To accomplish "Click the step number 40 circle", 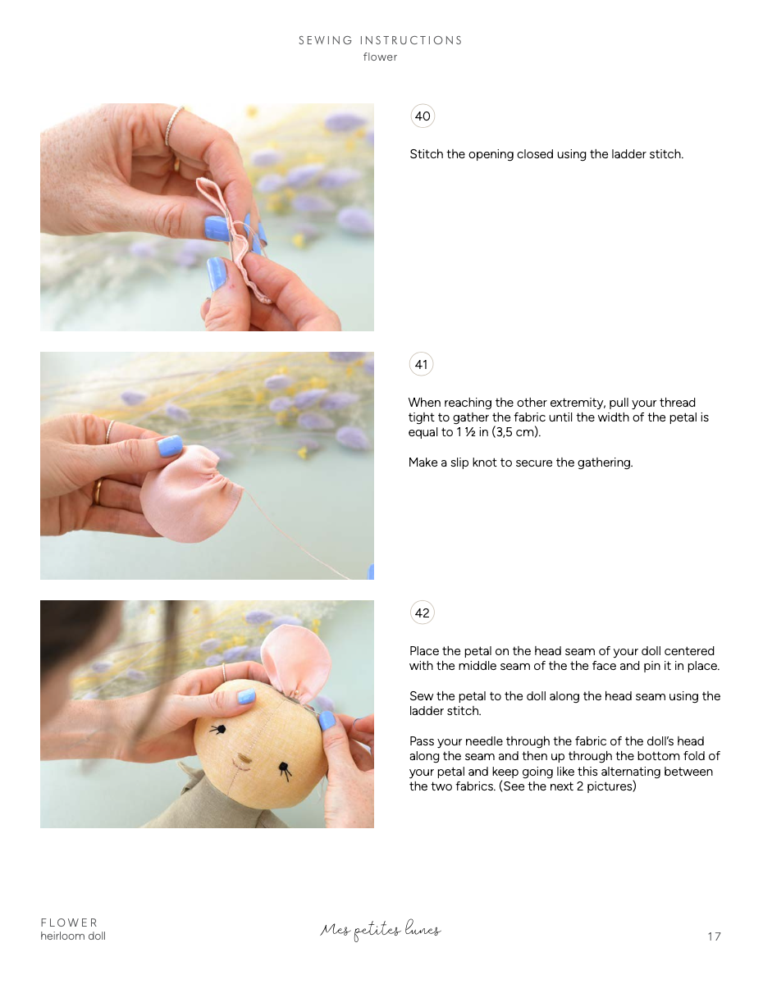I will point(423,116).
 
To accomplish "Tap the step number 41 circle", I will point(422,365).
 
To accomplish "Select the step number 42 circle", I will point(423,613).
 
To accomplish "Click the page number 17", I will point(714,936).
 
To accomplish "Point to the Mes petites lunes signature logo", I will point(381,930).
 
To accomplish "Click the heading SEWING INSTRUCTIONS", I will point(380,40).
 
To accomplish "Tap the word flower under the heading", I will point(380,57).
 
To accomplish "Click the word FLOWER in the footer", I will point(69,922).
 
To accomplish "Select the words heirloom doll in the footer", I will point(73,936).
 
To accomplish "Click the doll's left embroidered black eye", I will point(218,728).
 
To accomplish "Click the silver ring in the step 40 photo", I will point(174,125).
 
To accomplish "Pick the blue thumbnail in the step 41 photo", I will point(170,447).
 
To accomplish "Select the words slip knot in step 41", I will point(477,462).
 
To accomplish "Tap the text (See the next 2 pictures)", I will point(567,786).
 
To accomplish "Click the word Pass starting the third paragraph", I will point(423,741).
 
